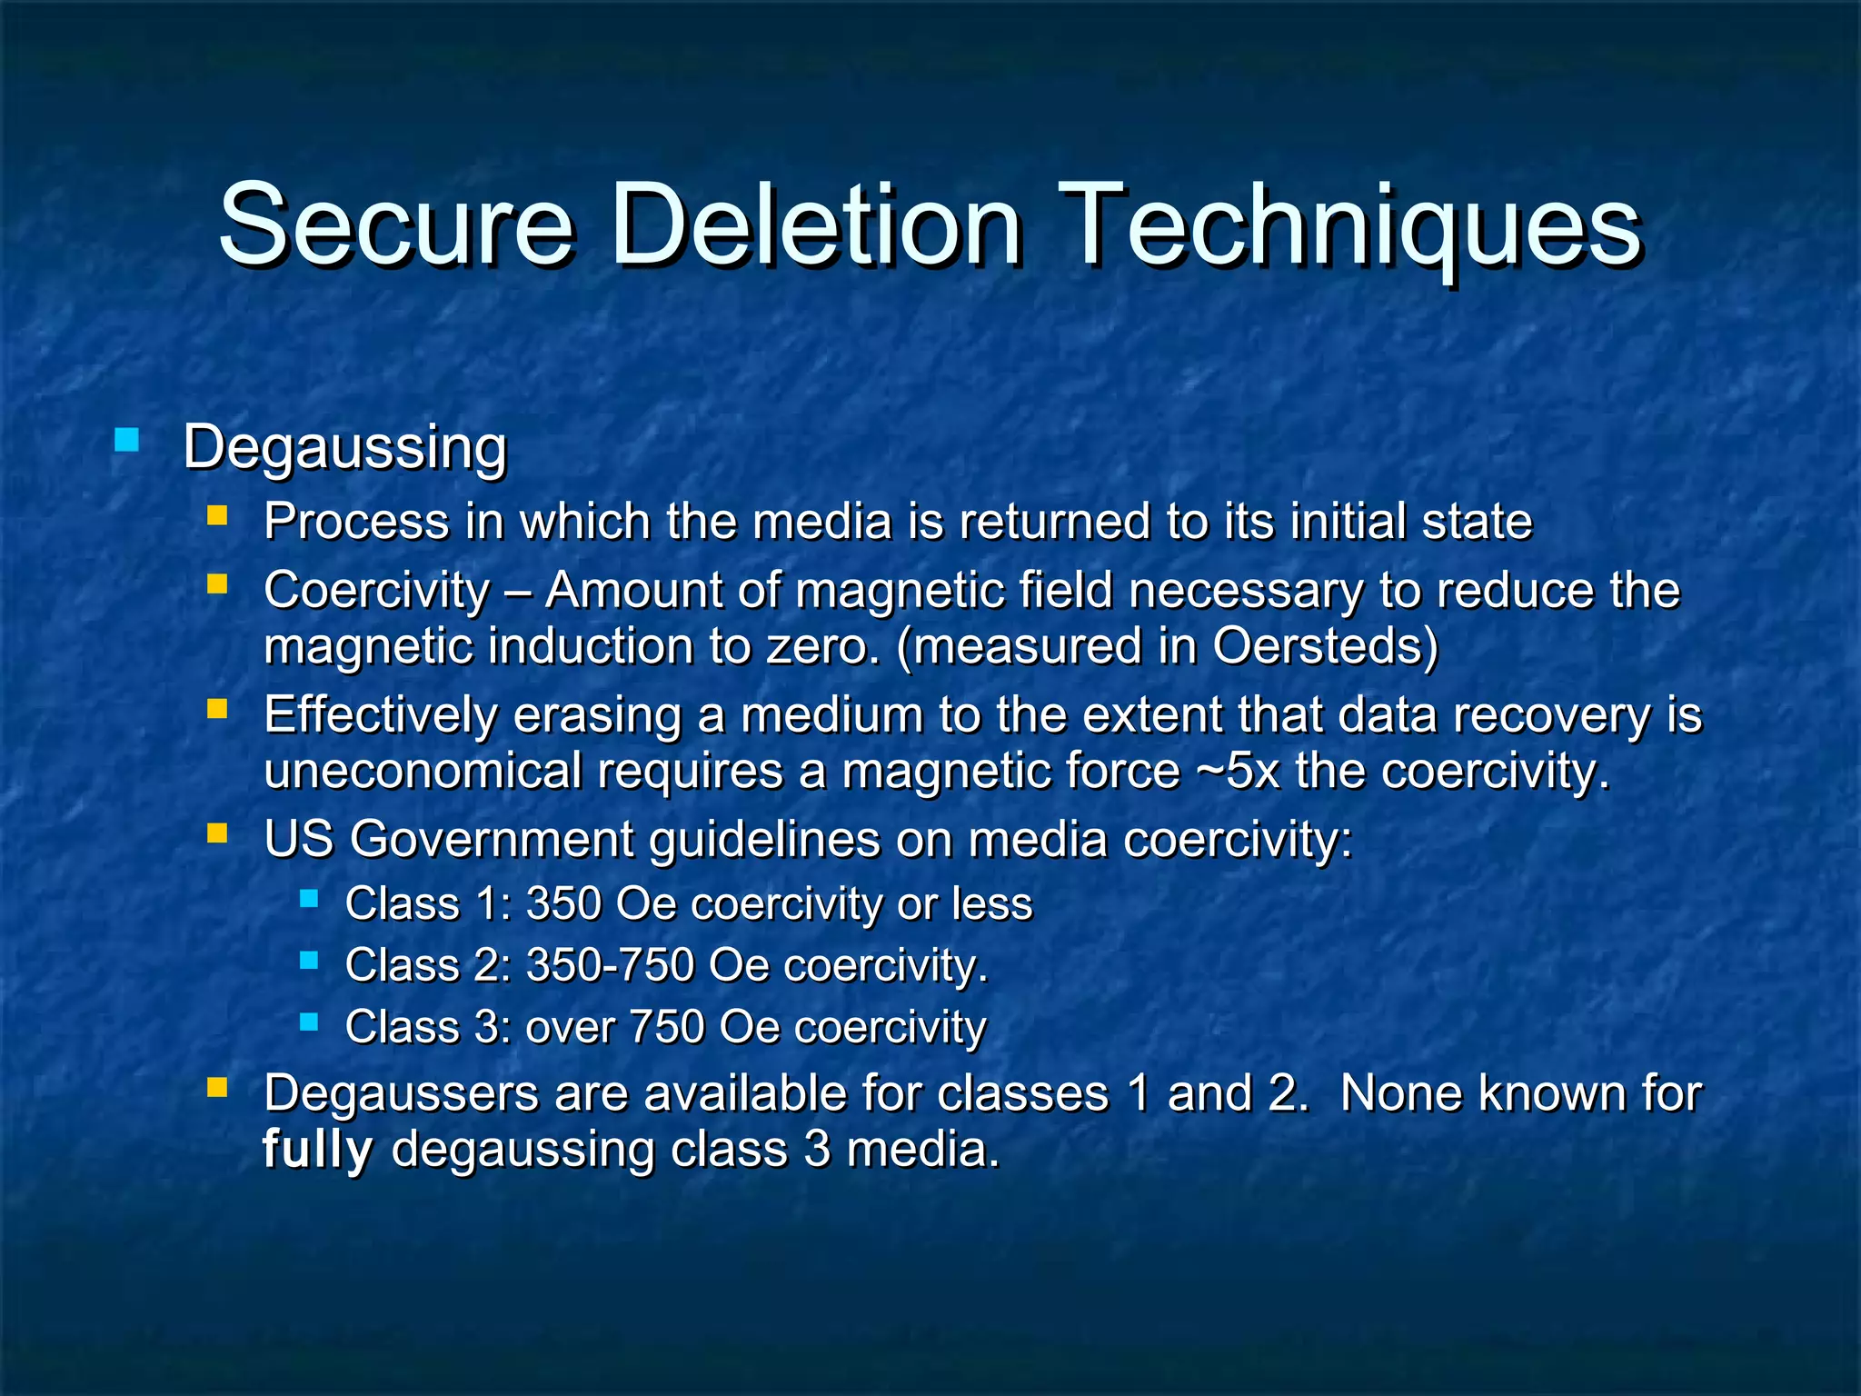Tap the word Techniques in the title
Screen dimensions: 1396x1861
click(x=1357, y=227)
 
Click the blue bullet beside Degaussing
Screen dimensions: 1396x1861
click(x=127, y=442)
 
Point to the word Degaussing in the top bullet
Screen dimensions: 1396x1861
click(x=344, y=447)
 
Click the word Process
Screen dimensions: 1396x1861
click(x=356, y=522)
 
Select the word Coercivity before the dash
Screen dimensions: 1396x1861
click(x=376, y=590)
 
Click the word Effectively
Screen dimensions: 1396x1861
click(x=381, y=714)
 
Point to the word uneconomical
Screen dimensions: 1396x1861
click(x=422, y=772)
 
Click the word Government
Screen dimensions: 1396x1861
click(x=492, y=839)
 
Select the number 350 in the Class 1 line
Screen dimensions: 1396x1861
click(x=563, y=904)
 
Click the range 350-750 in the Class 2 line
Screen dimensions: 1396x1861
click(x=610, y=965)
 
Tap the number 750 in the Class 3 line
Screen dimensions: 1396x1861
click(x=666, y=1027)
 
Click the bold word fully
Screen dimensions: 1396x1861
click(x=317, y=1150)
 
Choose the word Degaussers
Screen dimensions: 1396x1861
click(x=401, y=1093)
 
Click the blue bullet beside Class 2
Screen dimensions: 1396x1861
click(x=309, y=961)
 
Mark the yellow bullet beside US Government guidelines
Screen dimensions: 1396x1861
click(x=216, y=833)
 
